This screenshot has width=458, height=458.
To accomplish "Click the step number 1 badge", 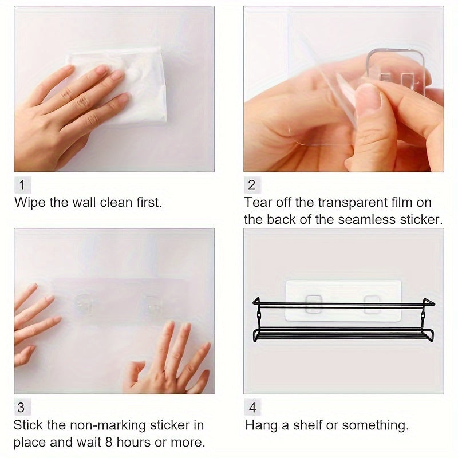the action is coord(23,184).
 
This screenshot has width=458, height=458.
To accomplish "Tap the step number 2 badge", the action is coord(252,184).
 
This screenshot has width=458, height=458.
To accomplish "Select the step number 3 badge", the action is coord(23,407).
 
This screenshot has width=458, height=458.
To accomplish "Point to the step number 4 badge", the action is coord(252,407).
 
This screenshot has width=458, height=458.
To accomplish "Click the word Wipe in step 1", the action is coord(30,203).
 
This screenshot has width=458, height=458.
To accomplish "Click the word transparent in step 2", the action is coord(353,203).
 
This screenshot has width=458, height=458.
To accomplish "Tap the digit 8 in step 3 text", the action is coord(109,442).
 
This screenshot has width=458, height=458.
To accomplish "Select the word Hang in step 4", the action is coord(262,425).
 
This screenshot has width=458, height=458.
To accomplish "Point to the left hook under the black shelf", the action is coord(314,305).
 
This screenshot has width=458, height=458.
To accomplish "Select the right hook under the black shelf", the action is coord(372,305).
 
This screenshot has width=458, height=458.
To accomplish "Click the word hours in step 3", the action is coord(134,442).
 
